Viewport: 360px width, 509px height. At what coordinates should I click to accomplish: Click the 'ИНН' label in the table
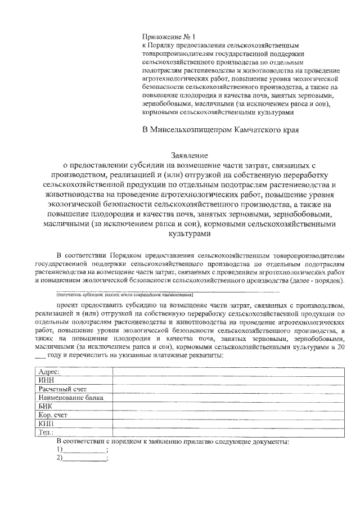click(x=45, y=380)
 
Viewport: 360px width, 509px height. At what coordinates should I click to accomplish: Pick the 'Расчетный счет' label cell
click(x=62, y=389)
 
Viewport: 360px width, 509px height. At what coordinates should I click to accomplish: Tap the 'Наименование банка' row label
click(x=71, y=398)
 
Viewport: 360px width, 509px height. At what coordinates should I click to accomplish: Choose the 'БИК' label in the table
click(x=44, y=406)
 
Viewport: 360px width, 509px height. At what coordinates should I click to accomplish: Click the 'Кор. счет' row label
click(x=52, y=415)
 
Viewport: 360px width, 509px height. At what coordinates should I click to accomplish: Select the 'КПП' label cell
click(x=45, y=424)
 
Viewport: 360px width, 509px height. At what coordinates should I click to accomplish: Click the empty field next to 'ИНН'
click(x=231, y=380)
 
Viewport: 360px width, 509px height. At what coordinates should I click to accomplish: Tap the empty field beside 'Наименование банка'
click(x=231, y=398)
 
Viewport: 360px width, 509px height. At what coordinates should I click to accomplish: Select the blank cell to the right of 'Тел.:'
click(x=231, y=432)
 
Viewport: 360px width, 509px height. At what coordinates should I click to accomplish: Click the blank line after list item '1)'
click(x=84, y=451)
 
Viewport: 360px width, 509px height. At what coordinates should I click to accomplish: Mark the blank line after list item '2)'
click(x=84, y=460)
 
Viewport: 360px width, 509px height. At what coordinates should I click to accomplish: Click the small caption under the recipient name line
click(x=124, y=294)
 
